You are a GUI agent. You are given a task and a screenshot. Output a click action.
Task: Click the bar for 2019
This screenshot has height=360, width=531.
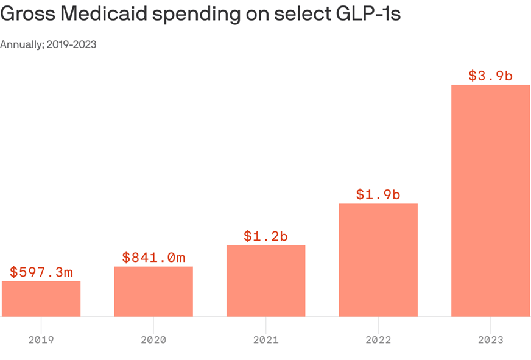tap(41, 298)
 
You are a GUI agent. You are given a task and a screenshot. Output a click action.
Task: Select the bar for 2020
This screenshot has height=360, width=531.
tap(153, 291)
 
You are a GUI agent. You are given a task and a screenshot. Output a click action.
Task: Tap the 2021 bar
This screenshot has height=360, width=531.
tap(265, 281)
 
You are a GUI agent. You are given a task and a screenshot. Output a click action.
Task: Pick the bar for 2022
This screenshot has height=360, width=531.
tap(378, 260)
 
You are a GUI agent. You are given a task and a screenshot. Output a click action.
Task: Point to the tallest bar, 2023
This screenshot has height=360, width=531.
tap(490, 200)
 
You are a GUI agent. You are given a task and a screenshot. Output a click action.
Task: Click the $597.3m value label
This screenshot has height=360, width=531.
tap(41, 272)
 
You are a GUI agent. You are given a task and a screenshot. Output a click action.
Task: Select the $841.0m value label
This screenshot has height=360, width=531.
tap(153, 258)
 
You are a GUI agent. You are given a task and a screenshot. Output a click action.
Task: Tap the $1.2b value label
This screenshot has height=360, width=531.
tap(265, 236)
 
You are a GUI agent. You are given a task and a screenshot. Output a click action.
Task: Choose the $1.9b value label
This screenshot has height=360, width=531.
tap(378, 195)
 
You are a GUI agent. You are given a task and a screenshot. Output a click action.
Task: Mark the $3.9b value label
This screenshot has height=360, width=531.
tap(490, 76)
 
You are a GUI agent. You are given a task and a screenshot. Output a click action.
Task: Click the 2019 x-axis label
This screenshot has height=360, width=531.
tap(41, 340)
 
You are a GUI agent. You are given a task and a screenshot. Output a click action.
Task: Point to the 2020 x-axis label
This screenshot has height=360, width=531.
tap(153, 340)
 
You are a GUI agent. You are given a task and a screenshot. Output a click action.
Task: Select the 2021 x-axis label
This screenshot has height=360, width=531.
tap(265, 340)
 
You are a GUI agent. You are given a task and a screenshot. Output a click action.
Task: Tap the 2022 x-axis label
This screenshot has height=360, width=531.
tap(378, 340)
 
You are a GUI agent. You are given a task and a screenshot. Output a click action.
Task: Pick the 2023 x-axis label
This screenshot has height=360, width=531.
tap(490, 340)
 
